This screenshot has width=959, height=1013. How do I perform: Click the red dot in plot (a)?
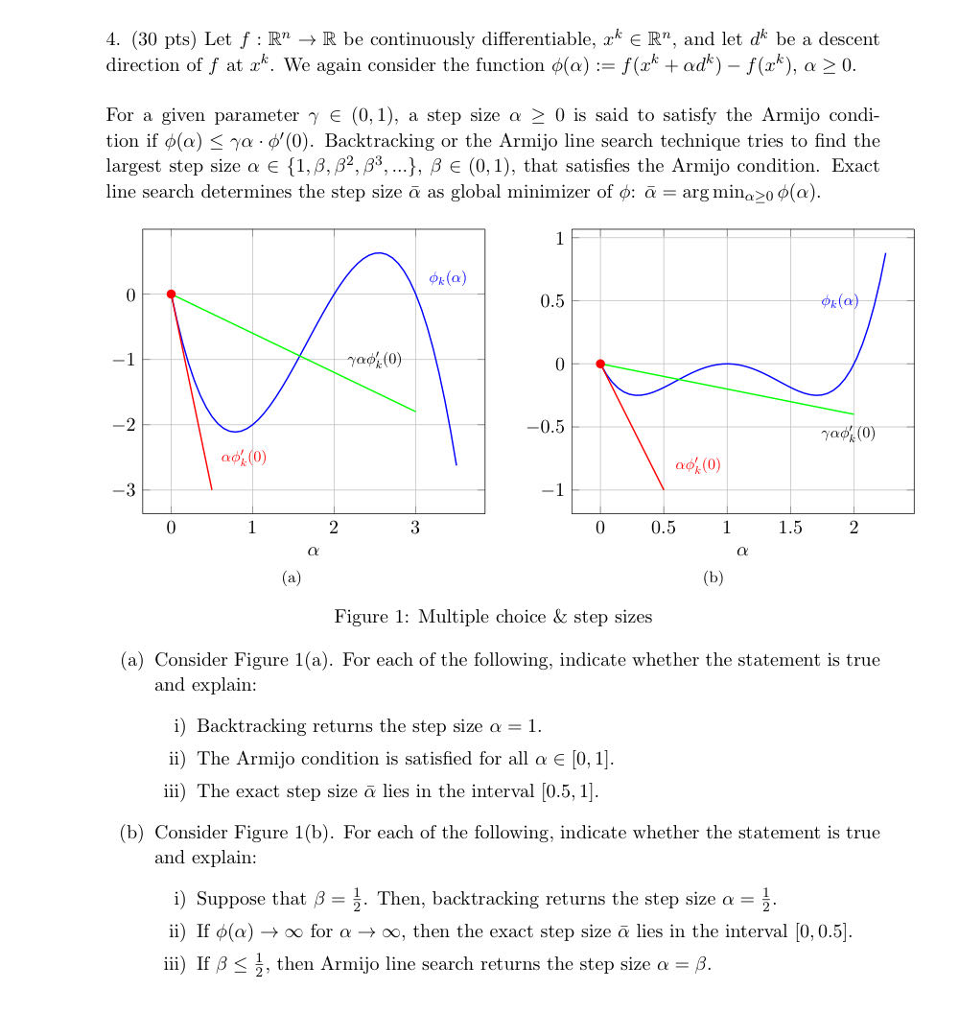click(x=171, y=294)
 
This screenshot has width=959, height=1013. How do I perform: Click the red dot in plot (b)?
click(x=600, y=364)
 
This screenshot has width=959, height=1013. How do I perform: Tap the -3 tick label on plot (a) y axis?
click(x=125, y=490)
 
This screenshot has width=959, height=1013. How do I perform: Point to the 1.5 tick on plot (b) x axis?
click(x=790, y=528)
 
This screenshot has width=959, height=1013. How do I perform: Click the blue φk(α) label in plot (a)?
click(x=448, y=278)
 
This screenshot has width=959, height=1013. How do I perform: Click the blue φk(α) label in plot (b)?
click(x=840, y=301)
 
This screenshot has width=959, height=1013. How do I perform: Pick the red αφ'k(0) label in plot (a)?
click(x=244, y=458)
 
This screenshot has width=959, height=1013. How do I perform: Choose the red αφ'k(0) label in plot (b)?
click(x=697, y=465)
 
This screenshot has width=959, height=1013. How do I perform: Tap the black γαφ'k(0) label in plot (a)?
click(x=375, y=360)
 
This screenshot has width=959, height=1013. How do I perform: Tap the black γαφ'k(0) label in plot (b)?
click(x=848, y=433)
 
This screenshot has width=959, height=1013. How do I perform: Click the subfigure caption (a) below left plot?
click(x=292, y=577)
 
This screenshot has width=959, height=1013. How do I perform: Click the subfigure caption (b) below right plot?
click(x=713, y=577)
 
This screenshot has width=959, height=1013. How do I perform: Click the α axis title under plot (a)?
click(x=313, y=552)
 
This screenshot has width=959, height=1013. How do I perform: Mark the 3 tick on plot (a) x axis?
click(x=415, y=528)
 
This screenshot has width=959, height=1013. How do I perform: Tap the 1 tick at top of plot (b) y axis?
click(x=559, y=238)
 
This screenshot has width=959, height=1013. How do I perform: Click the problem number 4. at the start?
click(x=112, y=40)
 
